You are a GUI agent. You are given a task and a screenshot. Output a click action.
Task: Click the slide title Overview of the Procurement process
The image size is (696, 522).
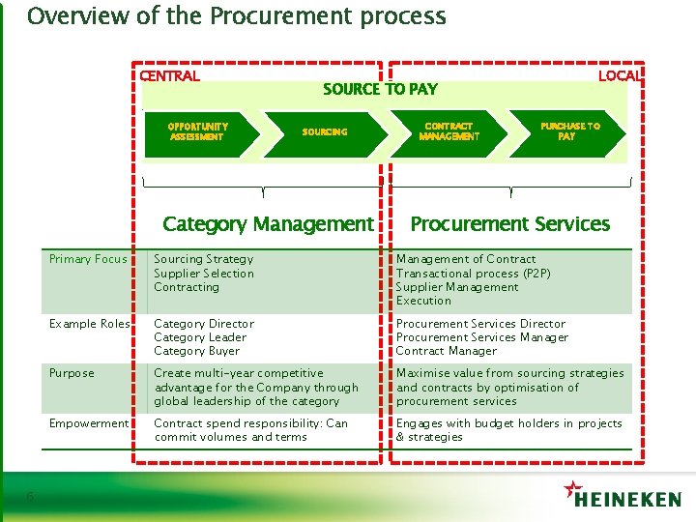coord(237,16)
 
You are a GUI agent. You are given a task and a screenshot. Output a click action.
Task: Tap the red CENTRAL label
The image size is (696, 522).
coord(170,76)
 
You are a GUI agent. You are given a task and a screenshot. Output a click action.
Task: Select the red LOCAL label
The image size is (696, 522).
coord(619,75)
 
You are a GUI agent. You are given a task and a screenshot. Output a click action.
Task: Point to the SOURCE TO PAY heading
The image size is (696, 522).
coord(380,89)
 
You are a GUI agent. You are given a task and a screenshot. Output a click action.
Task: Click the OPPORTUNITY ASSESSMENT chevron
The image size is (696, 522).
coord(197,131)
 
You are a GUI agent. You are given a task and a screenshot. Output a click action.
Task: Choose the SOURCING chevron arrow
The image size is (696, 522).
coord(325,131)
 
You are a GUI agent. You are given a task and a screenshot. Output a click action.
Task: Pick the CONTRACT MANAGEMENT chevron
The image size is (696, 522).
coord(449,131)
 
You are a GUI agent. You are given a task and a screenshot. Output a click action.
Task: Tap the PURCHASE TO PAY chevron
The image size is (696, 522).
coord(570,131)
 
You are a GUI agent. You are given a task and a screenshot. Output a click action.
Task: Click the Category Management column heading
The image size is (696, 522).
coord(268,224)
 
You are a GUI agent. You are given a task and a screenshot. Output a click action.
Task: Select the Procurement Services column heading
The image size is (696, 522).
coord(510,224)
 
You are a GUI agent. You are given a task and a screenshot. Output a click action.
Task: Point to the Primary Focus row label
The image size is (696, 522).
coord(88,259)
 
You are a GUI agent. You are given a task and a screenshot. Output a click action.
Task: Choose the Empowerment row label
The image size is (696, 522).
coord(89,423)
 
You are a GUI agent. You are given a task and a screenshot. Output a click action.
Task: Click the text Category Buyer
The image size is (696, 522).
coord(196,351)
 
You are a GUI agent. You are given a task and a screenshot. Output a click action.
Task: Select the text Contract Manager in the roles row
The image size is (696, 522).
coord(446,351)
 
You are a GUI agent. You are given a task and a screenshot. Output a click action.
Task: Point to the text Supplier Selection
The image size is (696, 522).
coord(204,274)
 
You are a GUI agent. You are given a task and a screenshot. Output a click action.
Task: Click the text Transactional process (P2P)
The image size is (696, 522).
coord(473,274)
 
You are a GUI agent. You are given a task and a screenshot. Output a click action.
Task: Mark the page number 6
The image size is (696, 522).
coord(31,497)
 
